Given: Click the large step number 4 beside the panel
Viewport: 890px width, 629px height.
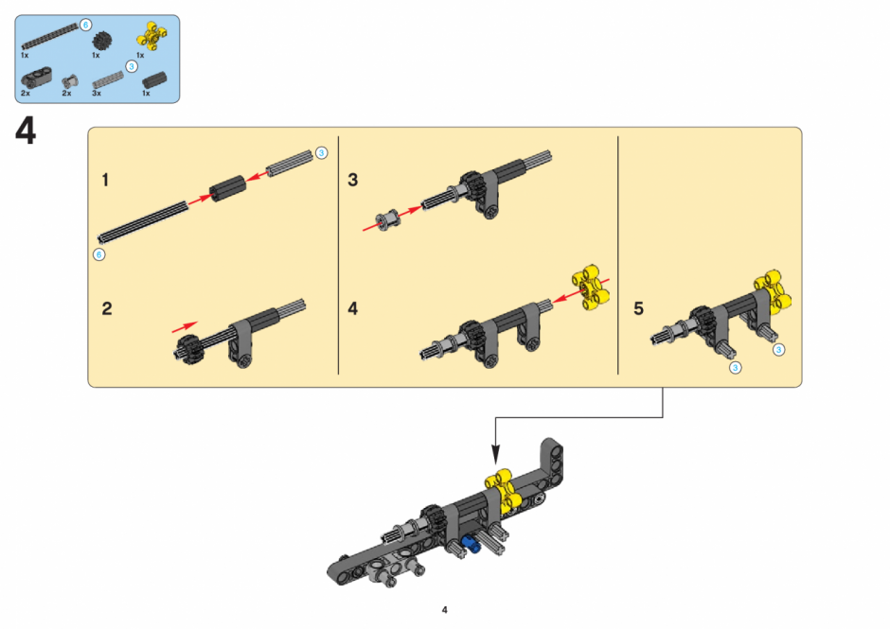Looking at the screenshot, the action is pyautogui.click(x=26, y=131).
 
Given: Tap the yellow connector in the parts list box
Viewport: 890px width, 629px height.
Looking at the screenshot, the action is pyautogui.click(x=151, y=36).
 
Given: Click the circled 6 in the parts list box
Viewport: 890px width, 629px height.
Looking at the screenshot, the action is pyautogui.click(x=85, y=25).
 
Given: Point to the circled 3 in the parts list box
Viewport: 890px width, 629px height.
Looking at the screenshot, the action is pyautogui.click(x=131, y=67).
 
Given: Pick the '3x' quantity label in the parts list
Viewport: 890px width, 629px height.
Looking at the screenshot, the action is pyautogui.click(x=97, y=93).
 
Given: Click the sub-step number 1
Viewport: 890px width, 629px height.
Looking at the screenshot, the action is pyautogui.click(x=105, y=180).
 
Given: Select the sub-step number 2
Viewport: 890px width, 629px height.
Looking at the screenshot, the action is pyautogui.click(x=107, y=308).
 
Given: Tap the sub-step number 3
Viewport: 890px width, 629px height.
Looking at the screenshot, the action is pyautogui.click(x=352, y=180).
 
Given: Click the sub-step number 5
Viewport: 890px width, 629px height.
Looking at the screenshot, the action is pyautogui.click(x=638, y=308).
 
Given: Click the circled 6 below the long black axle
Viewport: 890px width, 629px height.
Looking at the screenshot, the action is pyautogui.click(x=98, y=254).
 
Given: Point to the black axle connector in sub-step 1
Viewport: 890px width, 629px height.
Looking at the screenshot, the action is pyautogui.click(x=227, y=188).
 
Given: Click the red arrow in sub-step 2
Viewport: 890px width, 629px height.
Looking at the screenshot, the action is pyautogui.click(x=185, y=327).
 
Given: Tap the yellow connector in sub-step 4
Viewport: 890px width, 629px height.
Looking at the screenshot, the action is pyautogui.click(x=590, y=287).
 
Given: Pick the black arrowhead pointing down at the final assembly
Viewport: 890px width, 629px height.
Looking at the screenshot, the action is pyautogui.click(x=495, y=454).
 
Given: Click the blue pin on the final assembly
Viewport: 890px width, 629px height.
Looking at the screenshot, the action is pyautogui.click(x=471, y=544).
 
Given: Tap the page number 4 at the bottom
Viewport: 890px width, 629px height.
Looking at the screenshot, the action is pyautogui.click(x=444, y=610).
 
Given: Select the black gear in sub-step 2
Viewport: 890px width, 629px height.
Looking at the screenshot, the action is pyautogui.click(x=189, y=348).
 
